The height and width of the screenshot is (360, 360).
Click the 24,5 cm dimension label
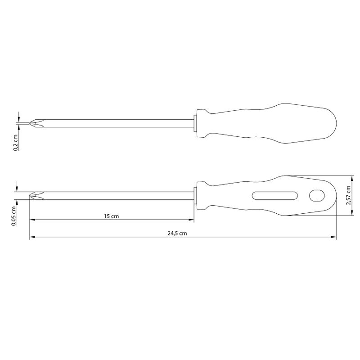[177, 234]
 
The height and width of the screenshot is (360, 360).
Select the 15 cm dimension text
[111, 216]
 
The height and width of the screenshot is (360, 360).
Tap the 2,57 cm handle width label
[349, 195]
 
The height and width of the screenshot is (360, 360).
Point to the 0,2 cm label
[16, 143]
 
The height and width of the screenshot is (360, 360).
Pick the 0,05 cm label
[14, 216]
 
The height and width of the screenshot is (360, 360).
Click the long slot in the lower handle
[275, 195]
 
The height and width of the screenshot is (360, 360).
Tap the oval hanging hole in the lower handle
[317, 195]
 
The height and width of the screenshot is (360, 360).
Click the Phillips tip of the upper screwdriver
[36, 123]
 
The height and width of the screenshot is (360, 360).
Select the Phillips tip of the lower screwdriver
[36, 195]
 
